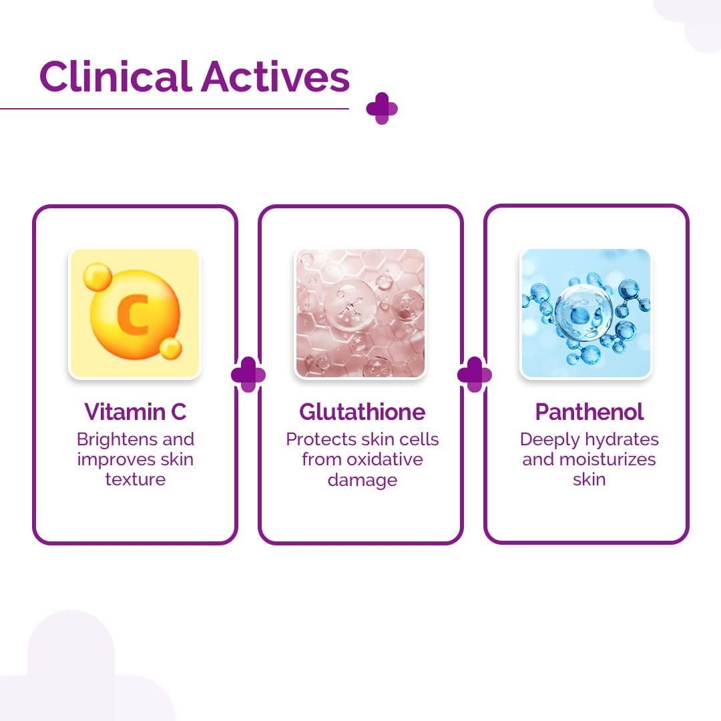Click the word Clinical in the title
click(115, 76)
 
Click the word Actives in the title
click(276, 76)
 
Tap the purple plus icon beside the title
click(382, 109)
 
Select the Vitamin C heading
click(135, 411)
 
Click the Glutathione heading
click(362, 411)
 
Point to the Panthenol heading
click(589, 411)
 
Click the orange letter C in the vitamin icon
click(133, 314)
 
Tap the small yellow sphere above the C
click(97, 277)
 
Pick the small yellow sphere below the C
click(171, 348)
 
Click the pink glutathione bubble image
click(360, 314)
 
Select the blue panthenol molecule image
click(586, 314)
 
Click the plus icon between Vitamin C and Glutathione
click(248, 375)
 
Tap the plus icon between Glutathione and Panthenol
click(475, 375)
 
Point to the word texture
click(135, 479)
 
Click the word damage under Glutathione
click(363, 480)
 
